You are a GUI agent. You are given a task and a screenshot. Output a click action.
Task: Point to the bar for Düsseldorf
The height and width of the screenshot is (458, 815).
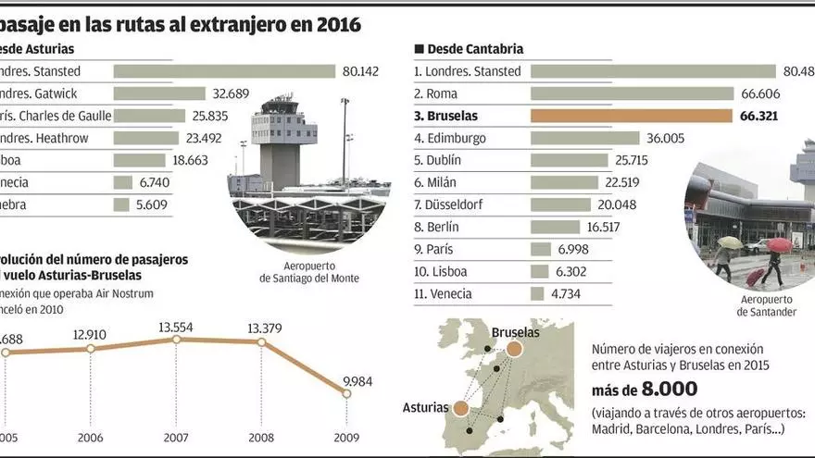tap(560, 204)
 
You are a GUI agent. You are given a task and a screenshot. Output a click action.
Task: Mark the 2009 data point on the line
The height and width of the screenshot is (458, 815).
tap(346, 393)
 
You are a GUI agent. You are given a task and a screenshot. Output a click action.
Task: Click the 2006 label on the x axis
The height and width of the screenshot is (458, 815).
tap(90, 439)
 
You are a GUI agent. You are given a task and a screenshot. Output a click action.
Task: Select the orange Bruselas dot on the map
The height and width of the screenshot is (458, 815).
tap(514, 349)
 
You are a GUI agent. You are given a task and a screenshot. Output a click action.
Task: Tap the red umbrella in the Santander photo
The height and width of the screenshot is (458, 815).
tap(779, 245)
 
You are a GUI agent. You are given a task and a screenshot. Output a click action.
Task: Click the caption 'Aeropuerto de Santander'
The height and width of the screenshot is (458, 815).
tap(768, 306)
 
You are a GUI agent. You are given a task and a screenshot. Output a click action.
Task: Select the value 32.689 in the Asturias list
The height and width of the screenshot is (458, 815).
tap(231, 93)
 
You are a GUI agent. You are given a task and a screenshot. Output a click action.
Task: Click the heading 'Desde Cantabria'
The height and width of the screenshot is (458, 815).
tap(473, 48)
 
